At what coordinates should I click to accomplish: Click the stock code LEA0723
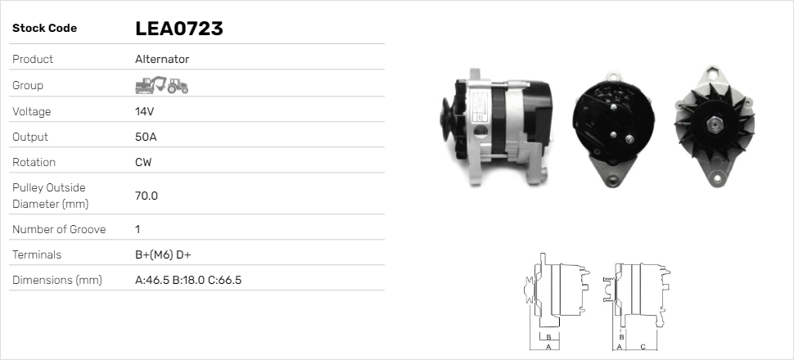click(x=178, y=29)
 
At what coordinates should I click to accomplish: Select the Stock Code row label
click(x=44, y=29)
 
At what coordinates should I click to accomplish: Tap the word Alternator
click(x=162, y=59)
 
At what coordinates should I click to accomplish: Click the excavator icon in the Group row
click(x=151, y=85)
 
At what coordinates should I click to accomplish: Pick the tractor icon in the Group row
click(x=178, y=86)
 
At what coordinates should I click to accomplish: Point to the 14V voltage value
click(x=144, y=111)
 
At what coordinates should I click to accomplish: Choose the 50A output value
click(x=146, y=137)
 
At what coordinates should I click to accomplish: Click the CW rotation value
click(x=143, y=162)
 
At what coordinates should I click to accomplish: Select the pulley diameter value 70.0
click(x=147, y=196)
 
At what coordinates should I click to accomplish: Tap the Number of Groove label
click(x=59, y=229)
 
